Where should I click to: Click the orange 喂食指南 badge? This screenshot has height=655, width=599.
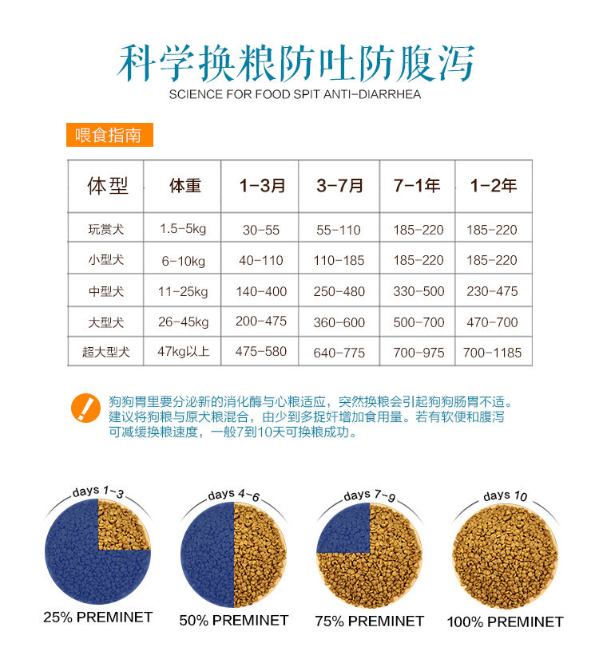109,135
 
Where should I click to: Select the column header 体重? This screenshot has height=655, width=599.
185,186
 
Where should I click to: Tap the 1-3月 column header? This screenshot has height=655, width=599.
262,186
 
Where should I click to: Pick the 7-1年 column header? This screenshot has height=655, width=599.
417,186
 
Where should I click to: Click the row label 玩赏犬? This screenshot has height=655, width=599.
106,230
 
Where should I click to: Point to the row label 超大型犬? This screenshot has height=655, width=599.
106,352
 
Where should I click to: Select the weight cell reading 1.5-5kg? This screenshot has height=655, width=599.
183,229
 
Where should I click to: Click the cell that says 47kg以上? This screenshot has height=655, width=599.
184,351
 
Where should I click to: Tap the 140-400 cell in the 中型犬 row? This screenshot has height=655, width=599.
261,292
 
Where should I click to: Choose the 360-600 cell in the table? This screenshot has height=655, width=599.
339,322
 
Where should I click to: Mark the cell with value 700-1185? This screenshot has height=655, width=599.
493,353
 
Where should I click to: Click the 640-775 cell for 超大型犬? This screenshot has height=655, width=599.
339,353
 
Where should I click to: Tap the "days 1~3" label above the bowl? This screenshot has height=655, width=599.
98,491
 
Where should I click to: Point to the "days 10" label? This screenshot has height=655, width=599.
506,496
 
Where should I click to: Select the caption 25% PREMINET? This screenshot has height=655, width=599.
98,618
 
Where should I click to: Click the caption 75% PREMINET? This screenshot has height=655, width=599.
369,621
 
